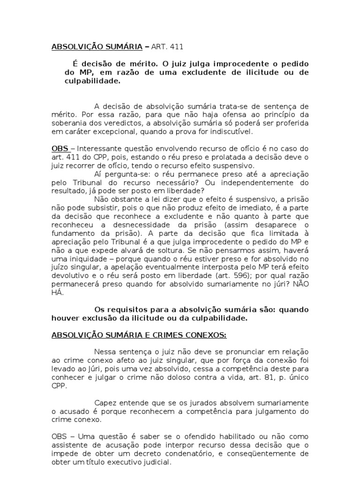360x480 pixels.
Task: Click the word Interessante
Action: point(96,149)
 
